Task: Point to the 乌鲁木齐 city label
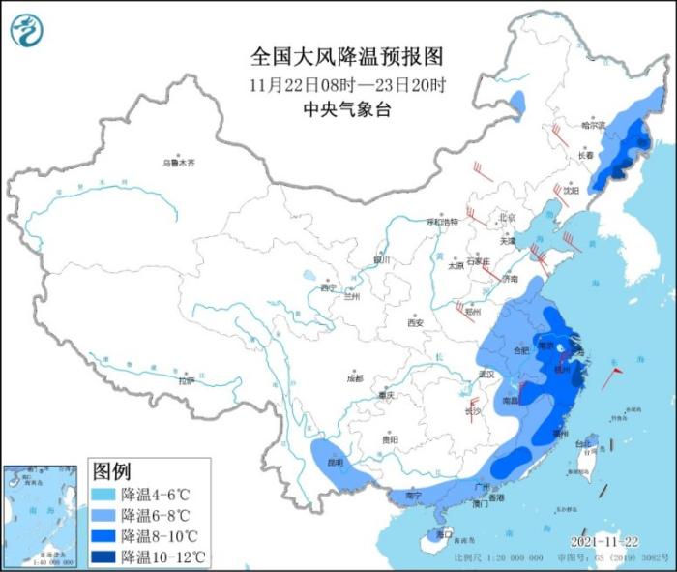178,163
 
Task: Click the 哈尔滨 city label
592,126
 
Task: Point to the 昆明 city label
335,463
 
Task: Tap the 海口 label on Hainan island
444,533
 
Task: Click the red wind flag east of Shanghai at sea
610,378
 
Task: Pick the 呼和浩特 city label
442,222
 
